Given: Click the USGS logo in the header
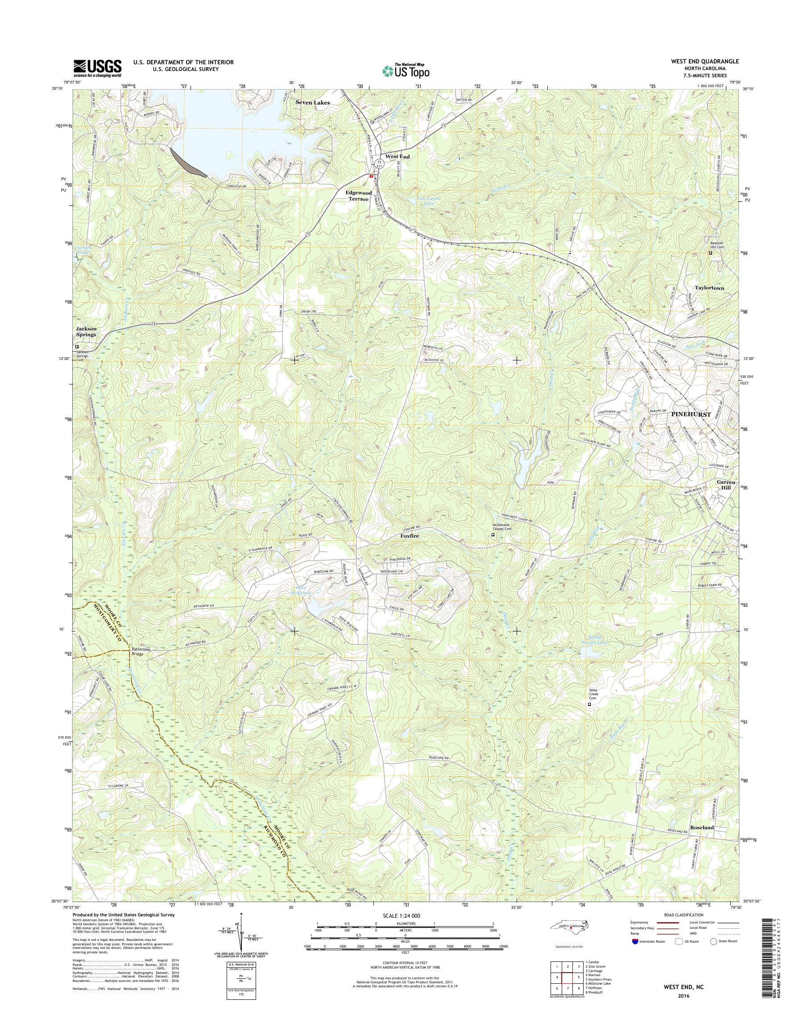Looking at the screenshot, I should [97, 68].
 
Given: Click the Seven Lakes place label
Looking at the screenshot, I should [312, 102].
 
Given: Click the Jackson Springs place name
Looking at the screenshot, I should [86, 331].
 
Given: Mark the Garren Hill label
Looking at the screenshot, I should [726, 485].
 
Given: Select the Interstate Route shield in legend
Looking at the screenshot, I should [635, 941].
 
